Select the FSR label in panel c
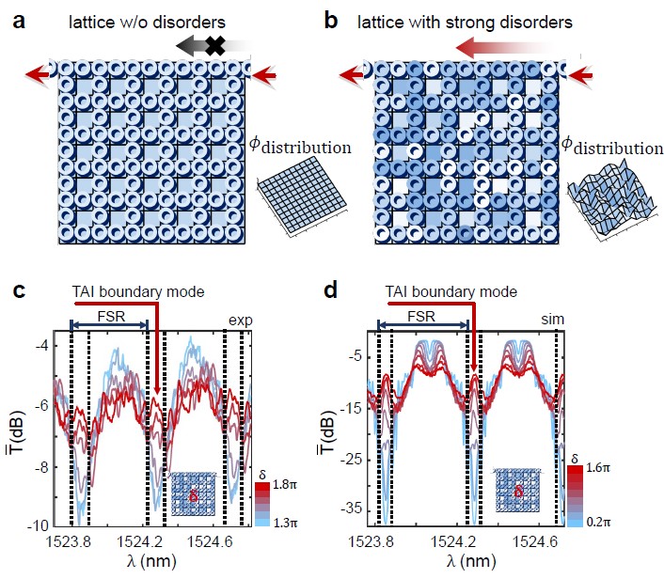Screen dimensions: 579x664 tap(109, 316)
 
